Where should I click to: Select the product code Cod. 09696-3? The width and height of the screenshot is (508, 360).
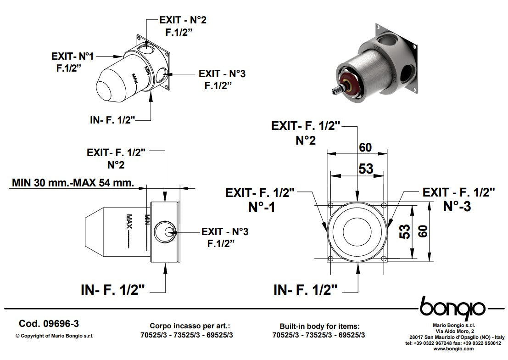coord(45,324)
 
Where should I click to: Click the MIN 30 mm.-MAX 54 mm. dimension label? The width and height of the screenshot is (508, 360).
coord(73,183)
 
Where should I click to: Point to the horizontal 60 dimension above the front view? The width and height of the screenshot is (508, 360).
coord(365,147)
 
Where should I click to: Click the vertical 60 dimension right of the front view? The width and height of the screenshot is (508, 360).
coord(424,231)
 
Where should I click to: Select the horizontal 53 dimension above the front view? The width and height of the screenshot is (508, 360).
coord(365,169)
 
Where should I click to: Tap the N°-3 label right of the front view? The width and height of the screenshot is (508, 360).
coord(457,206)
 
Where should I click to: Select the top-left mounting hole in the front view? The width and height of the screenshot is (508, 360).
coord(330,205)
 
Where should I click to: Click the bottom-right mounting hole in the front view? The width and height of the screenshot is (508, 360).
coord(385,259)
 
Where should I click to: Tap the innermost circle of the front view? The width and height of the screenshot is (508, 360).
coord(357,232)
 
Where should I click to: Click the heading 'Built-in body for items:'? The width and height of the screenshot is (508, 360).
coord(319,326)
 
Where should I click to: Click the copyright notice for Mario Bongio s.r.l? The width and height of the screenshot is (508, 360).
coord(55,336)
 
